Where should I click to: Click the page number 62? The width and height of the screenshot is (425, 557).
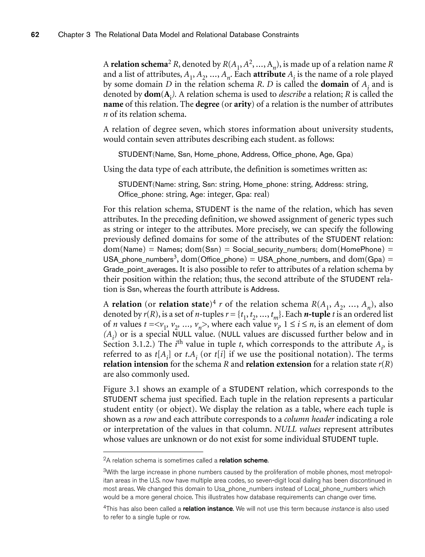click(x=35, y=35)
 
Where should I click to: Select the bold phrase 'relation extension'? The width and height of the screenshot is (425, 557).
click(x=278, y=364)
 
